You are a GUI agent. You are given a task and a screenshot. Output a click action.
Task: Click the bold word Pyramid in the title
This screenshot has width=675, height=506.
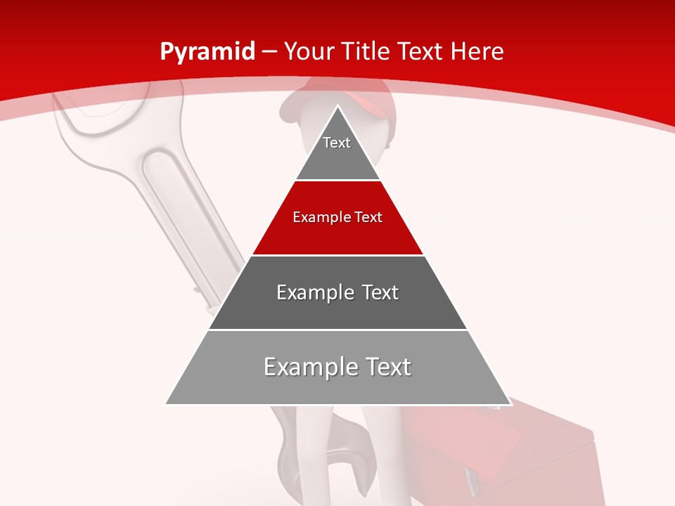pos(207,51)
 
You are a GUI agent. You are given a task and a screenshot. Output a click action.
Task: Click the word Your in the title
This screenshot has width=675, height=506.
pos(309,51)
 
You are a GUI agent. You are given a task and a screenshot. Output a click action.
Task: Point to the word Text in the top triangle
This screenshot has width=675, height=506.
pos(337,143)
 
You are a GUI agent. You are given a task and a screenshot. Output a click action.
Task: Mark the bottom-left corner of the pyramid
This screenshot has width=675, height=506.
pos(166,404)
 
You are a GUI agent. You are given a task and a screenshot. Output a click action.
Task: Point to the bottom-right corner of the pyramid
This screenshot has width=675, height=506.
pos(510,404)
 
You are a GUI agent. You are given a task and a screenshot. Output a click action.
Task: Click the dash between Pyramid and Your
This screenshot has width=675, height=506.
pos(270,51)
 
